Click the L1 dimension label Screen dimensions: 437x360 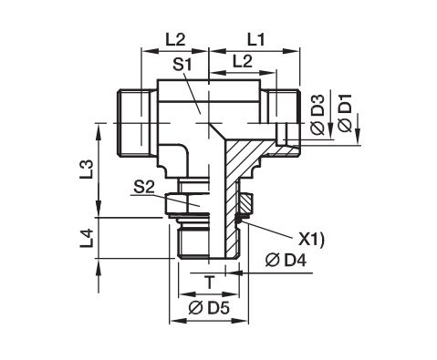[x=255, y=40]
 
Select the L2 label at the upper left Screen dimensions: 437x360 [x=175, y=39]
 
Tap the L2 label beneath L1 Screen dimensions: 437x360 [x=243, y=62]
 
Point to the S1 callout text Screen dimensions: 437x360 [x=182, y=65]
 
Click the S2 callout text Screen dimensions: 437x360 [x=143, y=188]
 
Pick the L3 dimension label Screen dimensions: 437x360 [x=87, y=170]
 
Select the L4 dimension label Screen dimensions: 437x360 [x=87, y=238]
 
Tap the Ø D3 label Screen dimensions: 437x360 [x=318, y=115]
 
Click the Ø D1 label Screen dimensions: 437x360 [x=345, y=113]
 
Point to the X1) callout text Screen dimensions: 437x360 [x=310, y=240]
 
